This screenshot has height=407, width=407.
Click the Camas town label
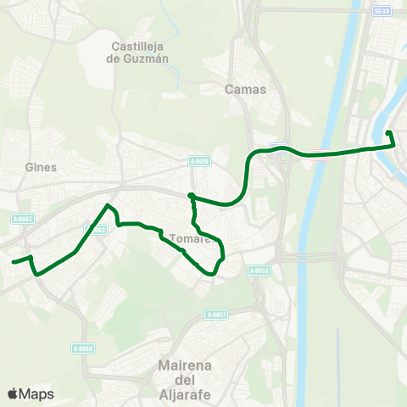tap(246, 89)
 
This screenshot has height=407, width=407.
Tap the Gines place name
tap(41, 167)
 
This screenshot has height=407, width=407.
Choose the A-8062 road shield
tap(23, 219)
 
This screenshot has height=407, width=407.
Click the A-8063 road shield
tap(96, 229)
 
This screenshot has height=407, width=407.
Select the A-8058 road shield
tap(259, 270)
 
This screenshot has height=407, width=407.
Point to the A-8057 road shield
tap(216, 315)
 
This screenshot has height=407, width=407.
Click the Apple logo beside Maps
tap(13, 394)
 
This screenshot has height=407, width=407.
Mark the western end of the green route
tap(13, 262)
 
